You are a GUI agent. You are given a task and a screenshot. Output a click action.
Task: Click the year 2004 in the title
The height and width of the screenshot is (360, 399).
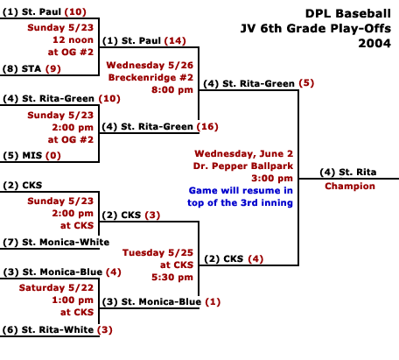tap(374, 43)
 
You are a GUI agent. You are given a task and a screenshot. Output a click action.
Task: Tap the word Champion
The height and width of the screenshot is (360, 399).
tap(350, 186)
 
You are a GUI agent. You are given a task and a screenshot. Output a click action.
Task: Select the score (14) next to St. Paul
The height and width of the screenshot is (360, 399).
tap(175, 40)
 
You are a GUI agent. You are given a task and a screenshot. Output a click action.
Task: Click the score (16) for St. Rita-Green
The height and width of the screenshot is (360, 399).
tap(207, 126)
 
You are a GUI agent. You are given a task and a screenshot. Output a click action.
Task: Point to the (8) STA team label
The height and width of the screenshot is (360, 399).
tap(22, 68)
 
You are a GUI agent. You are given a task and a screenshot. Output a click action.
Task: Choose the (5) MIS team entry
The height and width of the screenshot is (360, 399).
tap(23, 155)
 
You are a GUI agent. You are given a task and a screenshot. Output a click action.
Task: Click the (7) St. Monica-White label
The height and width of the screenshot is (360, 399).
tap(56, 242)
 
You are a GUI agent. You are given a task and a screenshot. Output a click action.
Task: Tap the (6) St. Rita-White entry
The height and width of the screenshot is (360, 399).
tap(48, 329)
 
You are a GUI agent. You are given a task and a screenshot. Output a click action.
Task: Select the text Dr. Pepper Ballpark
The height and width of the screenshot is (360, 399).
tap(243, 166)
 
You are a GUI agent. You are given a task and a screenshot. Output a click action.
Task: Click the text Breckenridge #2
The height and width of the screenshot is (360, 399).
tap(150, 77)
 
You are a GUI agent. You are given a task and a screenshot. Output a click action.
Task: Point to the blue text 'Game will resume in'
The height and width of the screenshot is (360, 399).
tap(241, 190)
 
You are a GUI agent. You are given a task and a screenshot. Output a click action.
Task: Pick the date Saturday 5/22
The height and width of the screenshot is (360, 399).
tap(56, 287)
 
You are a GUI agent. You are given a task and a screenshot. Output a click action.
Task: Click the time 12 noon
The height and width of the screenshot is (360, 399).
tap(73, 39)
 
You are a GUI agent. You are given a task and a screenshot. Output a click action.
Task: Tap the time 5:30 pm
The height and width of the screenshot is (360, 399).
tap(172, 277)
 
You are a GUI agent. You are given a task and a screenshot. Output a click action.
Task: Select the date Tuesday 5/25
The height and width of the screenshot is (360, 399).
tap(157, 252)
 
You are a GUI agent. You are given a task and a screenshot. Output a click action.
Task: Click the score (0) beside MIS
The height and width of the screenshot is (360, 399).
tap(53, 155)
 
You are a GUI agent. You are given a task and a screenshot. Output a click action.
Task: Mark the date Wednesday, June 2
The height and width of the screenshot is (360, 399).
tap(244, 153)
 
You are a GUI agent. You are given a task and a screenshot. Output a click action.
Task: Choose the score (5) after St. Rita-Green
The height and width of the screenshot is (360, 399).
tap(306, 83)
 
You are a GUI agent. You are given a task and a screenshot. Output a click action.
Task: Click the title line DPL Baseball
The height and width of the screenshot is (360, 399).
tap(348, 13)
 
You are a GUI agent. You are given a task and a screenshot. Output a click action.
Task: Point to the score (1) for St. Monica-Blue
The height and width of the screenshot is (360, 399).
tap(213, 301)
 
